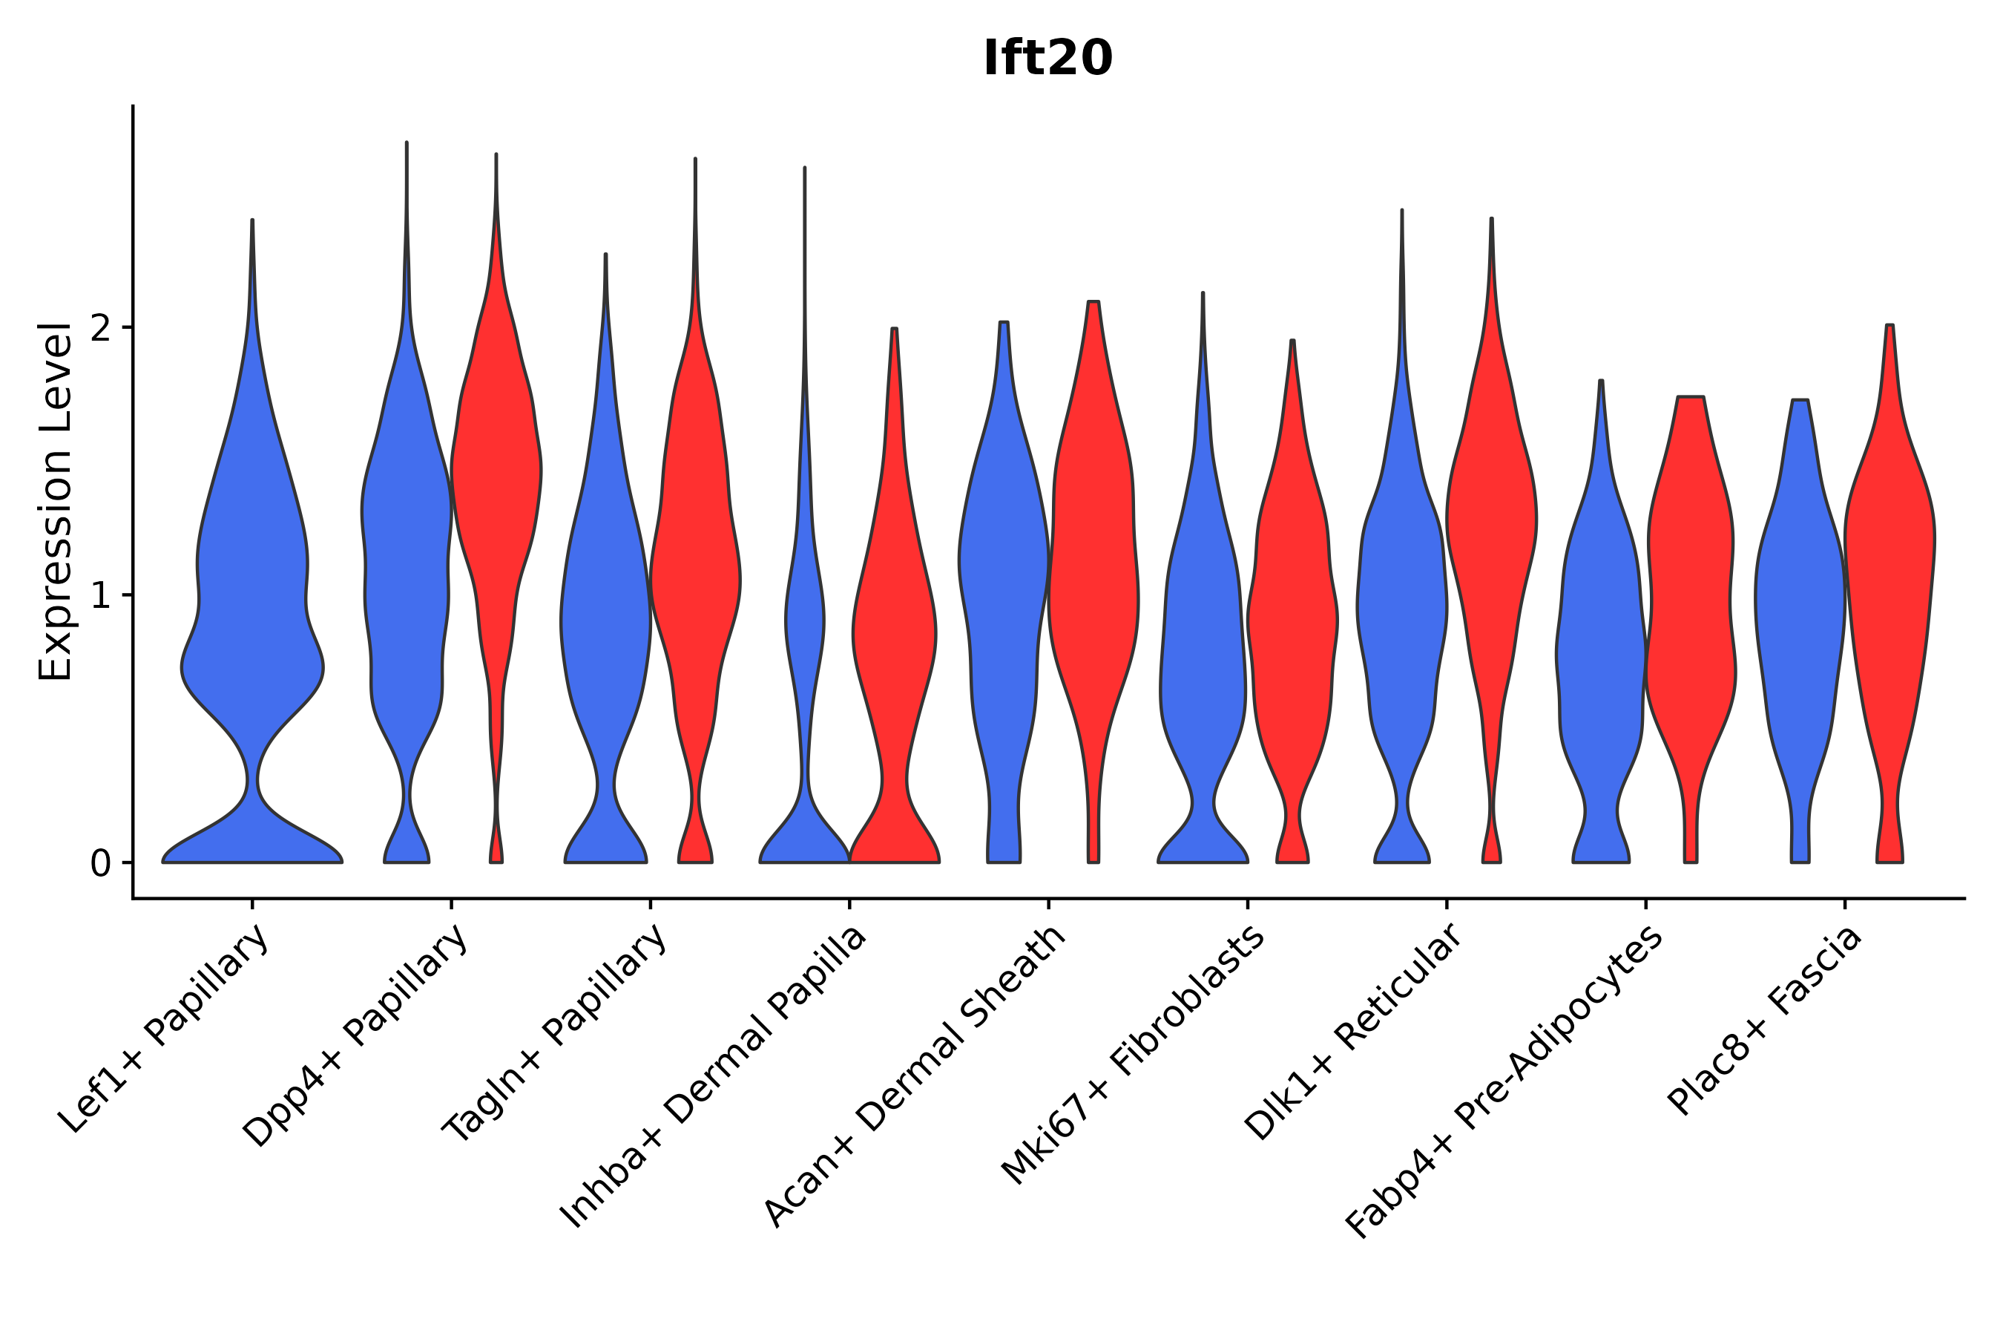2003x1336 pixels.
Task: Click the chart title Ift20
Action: [x=1047, y=59]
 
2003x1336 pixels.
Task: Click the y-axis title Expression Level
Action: [x=56, y=502]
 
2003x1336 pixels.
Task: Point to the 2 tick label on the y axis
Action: [x=100, y=329]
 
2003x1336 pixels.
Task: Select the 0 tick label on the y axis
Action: [x=100, y=864]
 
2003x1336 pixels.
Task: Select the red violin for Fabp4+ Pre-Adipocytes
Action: [x=1691, y=597]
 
